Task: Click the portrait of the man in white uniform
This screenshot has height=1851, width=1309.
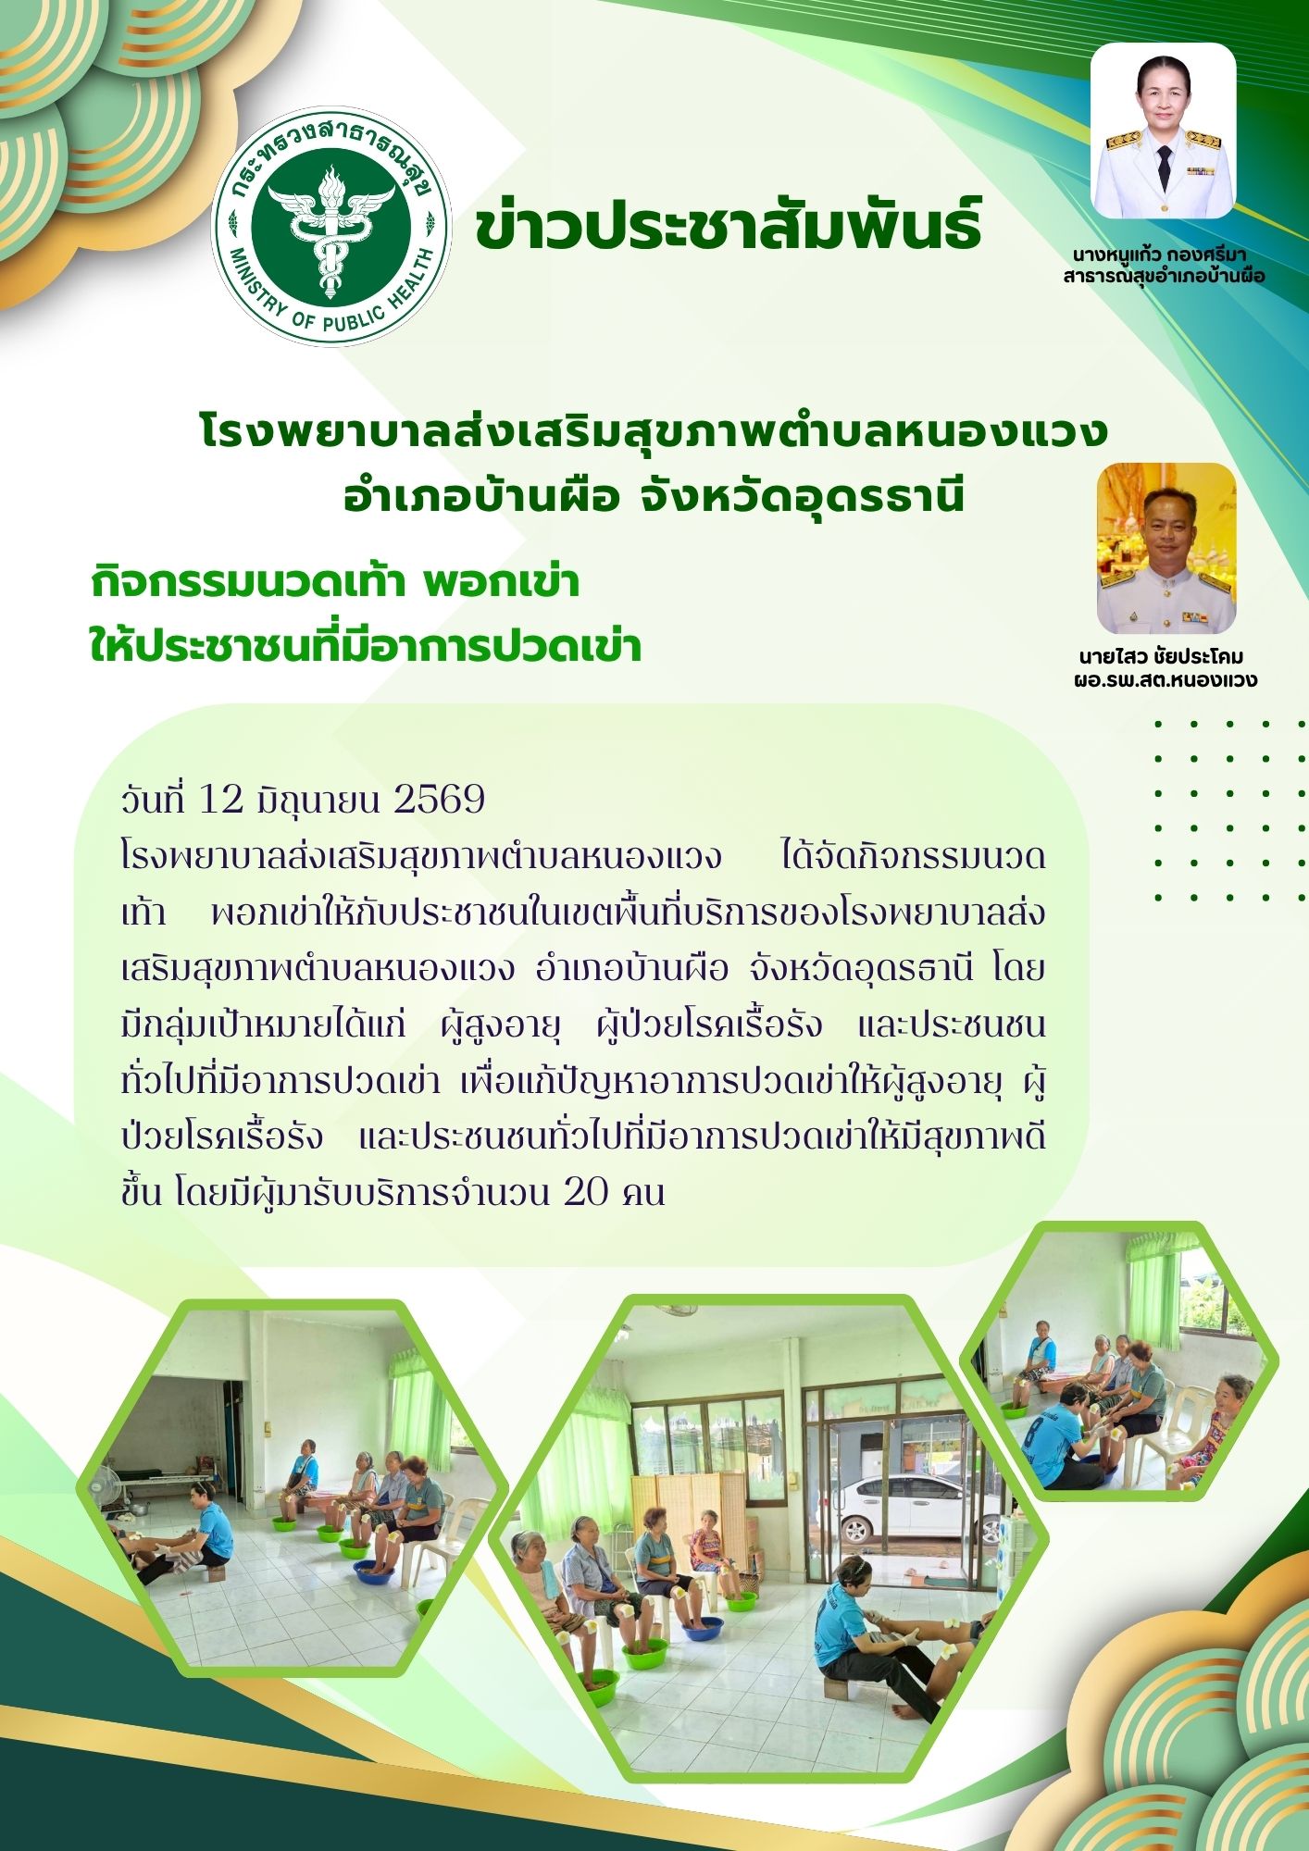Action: tap(1166, 548)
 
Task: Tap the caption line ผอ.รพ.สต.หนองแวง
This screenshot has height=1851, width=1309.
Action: tap(1165, 681)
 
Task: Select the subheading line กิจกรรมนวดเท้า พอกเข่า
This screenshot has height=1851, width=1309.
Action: tap(335, 583)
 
